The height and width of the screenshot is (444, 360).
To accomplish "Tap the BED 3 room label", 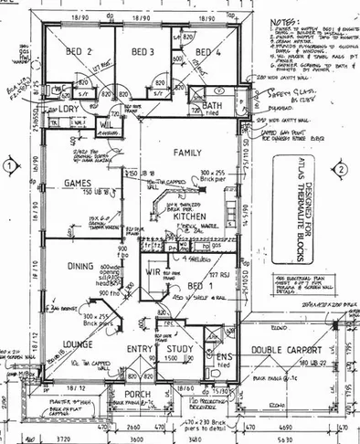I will (x=143, y=51).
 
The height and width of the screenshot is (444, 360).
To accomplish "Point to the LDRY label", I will (x=69, y=108).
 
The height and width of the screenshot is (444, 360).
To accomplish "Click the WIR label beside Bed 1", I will (x=154, y=272).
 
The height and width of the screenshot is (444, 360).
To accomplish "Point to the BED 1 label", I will (x=196, y=285).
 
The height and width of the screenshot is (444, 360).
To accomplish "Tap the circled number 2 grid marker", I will (x=339, y=168).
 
